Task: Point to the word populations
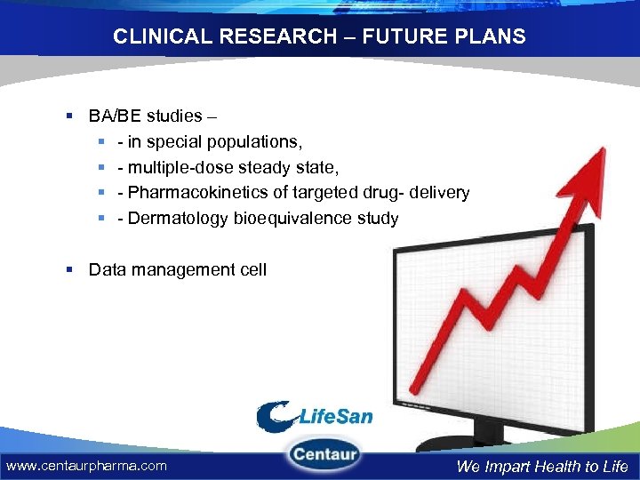[256, 142]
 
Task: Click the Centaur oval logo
[324, 455]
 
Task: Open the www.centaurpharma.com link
[86, 466]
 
